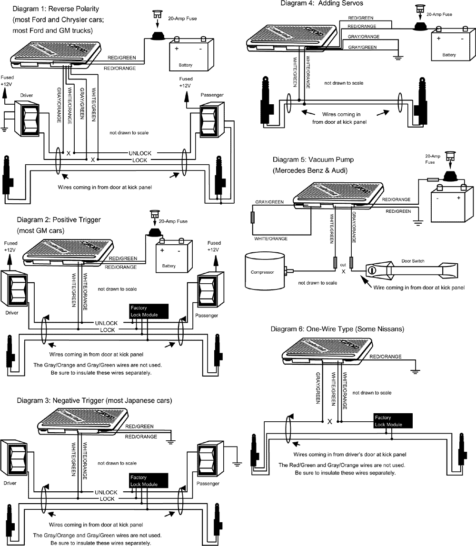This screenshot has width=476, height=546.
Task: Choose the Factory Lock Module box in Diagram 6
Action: pyautogui.click(x=393, y=421)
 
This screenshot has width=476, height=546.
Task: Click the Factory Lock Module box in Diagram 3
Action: pyautogui.click(x=149, y=481)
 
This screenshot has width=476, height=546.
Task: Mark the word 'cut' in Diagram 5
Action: pyautogui.click(x=343, y=264)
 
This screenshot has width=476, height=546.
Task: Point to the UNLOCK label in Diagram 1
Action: pyautogui.click(x=140, y=153)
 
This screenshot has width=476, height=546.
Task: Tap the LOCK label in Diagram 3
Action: pyautogui.click(x=107, y=499)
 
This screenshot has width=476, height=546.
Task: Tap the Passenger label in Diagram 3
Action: pyautogui.click(x=208, y=483)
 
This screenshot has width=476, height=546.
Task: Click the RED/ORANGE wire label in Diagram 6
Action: pyautogui.click(x=386, y=357)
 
